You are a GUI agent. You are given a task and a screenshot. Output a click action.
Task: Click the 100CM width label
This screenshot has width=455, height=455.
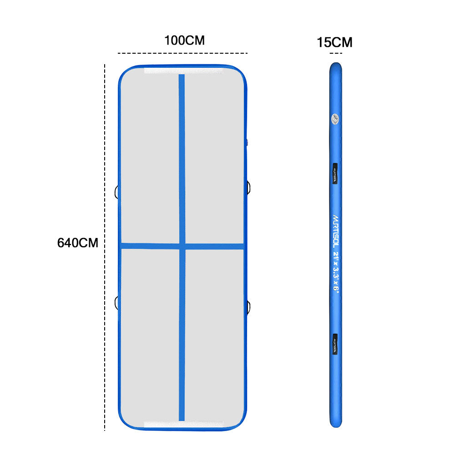point(184,40)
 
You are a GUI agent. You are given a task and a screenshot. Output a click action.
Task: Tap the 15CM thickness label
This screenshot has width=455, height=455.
point(334,43)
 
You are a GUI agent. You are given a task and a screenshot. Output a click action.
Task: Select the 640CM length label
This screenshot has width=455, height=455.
point(77,243)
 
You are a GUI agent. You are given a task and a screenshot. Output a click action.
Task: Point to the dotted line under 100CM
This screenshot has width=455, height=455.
point(182,53)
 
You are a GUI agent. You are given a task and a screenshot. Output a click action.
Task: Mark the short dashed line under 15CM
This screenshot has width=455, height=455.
point(336,54)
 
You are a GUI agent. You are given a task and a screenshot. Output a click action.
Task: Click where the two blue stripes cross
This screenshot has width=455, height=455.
point(182,246)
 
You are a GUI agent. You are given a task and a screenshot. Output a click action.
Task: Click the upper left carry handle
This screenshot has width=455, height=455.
point(117,192)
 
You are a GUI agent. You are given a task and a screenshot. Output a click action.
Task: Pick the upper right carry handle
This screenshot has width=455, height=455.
point(249,186)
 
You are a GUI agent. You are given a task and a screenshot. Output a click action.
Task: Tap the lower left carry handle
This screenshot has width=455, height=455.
point(117,302)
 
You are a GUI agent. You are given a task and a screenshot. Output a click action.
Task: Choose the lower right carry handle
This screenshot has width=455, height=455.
point(249,308)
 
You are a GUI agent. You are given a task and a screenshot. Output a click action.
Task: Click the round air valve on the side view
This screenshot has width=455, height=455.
point(335,119)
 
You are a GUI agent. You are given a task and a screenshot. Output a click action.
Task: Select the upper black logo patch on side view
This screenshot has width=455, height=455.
point(335,173)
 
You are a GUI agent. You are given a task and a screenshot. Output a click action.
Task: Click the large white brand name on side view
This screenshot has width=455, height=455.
point(335,230)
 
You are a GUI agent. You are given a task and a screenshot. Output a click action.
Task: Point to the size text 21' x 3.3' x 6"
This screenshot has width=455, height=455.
point(336,272)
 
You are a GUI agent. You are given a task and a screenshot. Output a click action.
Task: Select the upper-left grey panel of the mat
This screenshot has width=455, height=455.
point(150,155)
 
